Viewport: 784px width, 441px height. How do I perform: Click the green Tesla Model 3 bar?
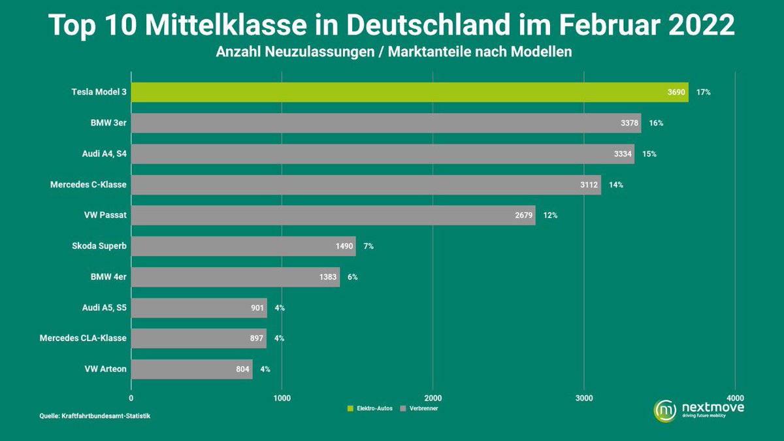click(392, 92)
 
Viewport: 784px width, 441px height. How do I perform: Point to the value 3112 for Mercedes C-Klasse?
click(589, 184)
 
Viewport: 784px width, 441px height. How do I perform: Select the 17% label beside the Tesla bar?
click(704, 92)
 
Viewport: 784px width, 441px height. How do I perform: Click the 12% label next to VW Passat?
click(550, 215)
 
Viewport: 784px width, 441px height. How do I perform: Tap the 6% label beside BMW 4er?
click(352, 276)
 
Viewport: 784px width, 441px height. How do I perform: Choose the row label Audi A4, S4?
click(100, 154)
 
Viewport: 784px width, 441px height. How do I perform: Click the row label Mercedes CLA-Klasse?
click(83, 338)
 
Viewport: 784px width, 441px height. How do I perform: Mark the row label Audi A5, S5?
click(100, 307)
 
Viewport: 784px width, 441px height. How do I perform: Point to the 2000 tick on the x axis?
click(433, 397)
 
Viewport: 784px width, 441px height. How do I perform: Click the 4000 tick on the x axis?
click(735, 397)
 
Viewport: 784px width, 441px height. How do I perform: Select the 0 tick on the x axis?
click(131, 397)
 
